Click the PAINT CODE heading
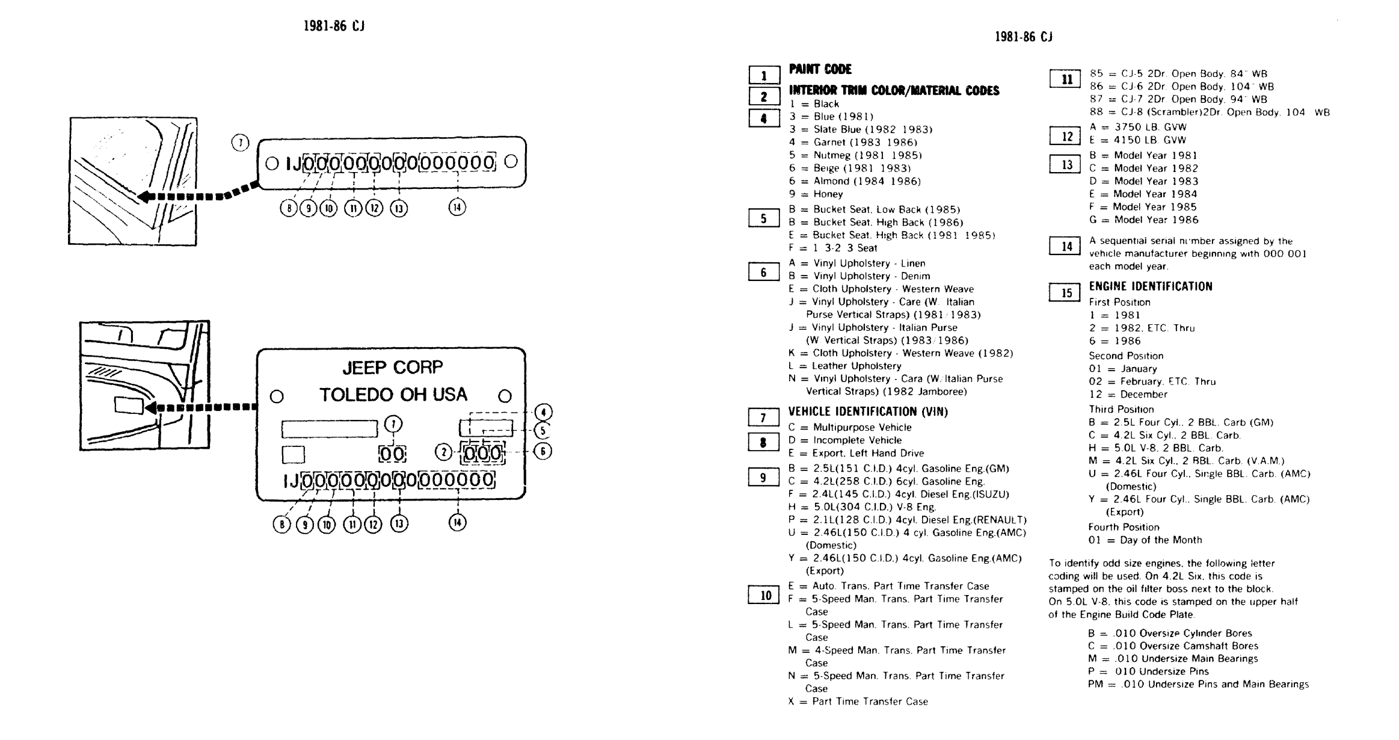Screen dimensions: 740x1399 820,69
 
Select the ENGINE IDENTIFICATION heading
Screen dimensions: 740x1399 1150,287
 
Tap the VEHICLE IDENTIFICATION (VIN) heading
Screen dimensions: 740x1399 867,412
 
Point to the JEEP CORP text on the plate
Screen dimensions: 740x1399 392,367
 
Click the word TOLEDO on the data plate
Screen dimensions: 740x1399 357,395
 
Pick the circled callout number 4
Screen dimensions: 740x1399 543,412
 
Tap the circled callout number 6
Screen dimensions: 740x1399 543,451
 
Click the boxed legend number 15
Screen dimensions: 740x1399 1066,293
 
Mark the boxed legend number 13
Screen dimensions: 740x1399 1066,165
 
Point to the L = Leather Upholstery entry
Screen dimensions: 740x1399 845,366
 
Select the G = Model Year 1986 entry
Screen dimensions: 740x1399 1143,220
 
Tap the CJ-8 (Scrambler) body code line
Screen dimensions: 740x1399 1209,113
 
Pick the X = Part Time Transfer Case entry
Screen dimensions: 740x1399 858,701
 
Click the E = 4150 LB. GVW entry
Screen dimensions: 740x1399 1137,140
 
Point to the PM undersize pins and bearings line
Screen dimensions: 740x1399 1198,684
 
